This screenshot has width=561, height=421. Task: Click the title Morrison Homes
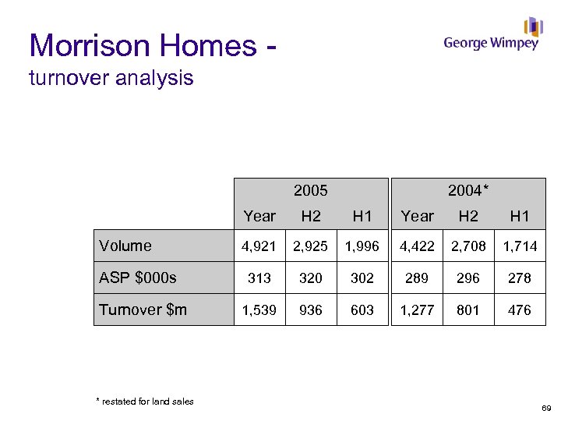[143, 46]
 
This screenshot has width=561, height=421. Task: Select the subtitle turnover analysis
[111, 79]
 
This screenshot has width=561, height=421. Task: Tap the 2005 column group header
[310, 190]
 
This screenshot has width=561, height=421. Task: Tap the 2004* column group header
[468, 190]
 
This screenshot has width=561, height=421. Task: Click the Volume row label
[125, 246]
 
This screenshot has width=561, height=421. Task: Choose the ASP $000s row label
[138, 278]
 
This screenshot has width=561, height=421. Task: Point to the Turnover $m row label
[143, 310]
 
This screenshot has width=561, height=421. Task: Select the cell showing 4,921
[259, 246]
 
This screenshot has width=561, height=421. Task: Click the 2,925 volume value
[310, 246]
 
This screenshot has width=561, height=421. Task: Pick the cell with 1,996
[362, 246]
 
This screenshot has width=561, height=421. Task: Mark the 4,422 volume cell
[417, 246]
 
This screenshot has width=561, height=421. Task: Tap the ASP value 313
[259, 278]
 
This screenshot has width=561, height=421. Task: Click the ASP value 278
[519, 278]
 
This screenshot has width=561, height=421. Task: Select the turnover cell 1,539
[259, 310]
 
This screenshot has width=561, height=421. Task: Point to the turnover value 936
[310, 310]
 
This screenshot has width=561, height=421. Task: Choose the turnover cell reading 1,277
[417, 310]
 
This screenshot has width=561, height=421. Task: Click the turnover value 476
[519, 310]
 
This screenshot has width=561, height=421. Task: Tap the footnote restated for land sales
[145, 402]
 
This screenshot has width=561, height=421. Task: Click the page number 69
[545, 408]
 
